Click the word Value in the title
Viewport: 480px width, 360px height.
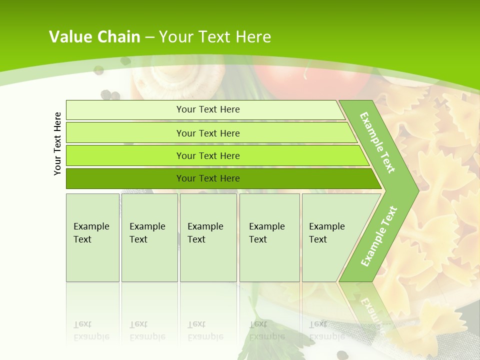click(x=69, y=36)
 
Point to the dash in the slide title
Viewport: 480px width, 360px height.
click(x=149, y=37)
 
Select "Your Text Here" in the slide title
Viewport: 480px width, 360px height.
click(x=215, y=36)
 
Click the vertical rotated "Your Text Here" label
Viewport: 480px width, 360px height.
click(x=57, y=143)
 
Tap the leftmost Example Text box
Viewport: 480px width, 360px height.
click(x=92, y=237)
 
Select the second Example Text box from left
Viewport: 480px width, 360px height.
click(x=149, y=237)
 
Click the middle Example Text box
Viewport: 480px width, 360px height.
click(x=208, y=237)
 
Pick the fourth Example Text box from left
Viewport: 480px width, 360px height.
click(x=269, y=237)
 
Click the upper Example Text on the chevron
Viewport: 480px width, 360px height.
click(x=377, y=142)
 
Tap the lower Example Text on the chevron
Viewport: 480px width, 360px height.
click(x=378, y=236)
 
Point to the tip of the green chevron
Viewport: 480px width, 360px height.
click(x=417, y=190)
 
